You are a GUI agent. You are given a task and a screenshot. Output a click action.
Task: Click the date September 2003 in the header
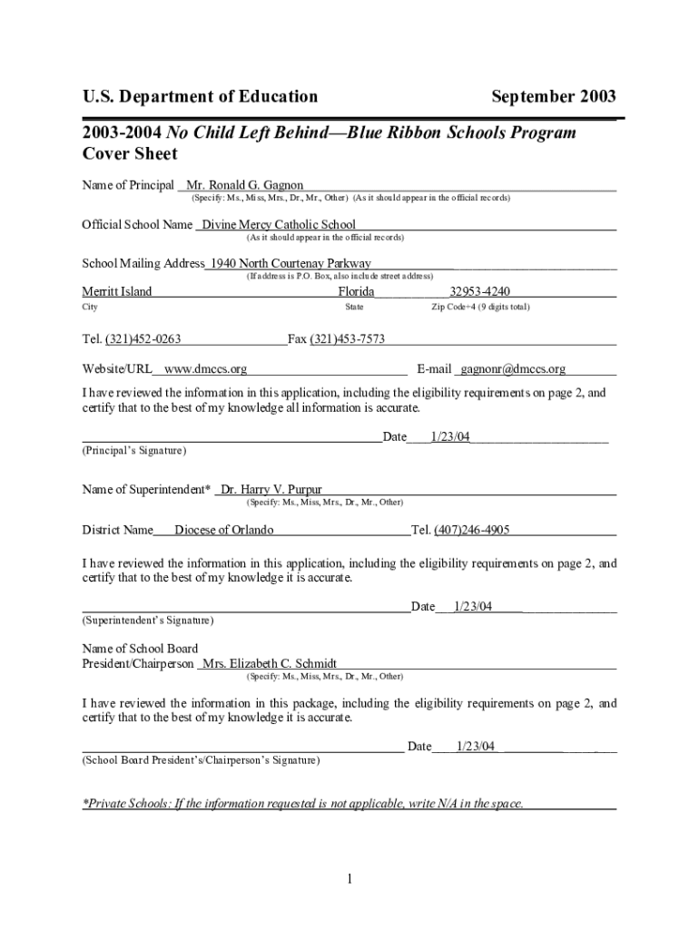click(553, 96)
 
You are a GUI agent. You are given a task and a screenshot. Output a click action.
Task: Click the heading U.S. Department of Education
click(200, 96)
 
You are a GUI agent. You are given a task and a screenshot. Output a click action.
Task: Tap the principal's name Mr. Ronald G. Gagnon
click(245, 185)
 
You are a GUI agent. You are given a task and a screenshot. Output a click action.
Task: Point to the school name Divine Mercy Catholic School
click(279, 224)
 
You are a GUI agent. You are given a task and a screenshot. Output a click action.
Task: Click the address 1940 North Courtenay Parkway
click(290, 263)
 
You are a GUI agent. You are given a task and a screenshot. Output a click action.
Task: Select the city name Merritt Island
click(117, 291)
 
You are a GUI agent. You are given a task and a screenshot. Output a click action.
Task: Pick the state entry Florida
click(357, 291)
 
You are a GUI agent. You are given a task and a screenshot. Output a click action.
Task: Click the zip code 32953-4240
click(479, 291)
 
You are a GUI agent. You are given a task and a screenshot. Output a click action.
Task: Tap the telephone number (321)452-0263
click(143, 339)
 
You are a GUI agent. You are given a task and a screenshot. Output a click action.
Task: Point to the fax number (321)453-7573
click(348, 339)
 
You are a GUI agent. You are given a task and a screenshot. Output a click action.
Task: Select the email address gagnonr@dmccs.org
click(513, 369)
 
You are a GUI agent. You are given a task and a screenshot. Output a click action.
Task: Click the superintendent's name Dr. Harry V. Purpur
click(265, 490)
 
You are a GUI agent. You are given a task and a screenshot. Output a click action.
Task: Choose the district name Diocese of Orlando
click(223, 530)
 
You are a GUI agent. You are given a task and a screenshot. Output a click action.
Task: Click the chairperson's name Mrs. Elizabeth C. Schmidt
click(270, 663)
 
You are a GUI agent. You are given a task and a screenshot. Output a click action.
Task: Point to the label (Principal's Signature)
click(133, 450)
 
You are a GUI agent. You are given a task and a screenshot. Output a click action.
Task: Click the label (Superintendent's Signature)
click(148, 621)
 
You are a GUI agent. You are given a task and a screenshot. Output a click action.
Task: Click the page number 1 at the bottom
click(349, 878)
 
